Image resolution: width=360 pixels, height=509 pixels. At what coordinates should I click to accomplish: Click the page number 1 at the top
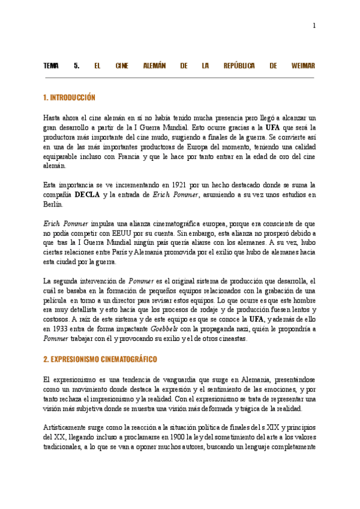(x=314, y=25)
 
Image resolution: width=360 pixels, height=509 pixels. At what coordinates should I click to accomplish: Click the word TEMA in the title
(x=51, y=65)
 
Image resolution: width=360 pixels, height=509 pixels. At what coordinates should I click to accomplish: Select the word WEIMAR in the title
(x=303, y=65)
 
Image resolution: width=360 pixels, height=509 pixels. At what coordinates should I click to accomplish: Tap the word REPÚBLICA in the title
(x=239, y=65)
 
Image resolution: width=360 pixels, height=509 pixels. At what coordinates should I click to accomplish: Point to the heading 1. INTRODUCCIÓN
(x=70, y=97)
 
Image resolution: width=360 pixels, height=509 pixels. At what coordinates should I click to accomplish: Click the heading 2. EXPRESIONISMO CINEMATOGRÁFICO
(x=100, y=360)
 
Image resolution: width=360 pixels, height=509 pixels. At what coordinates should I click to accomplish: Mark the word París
(x=148, y=252)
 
